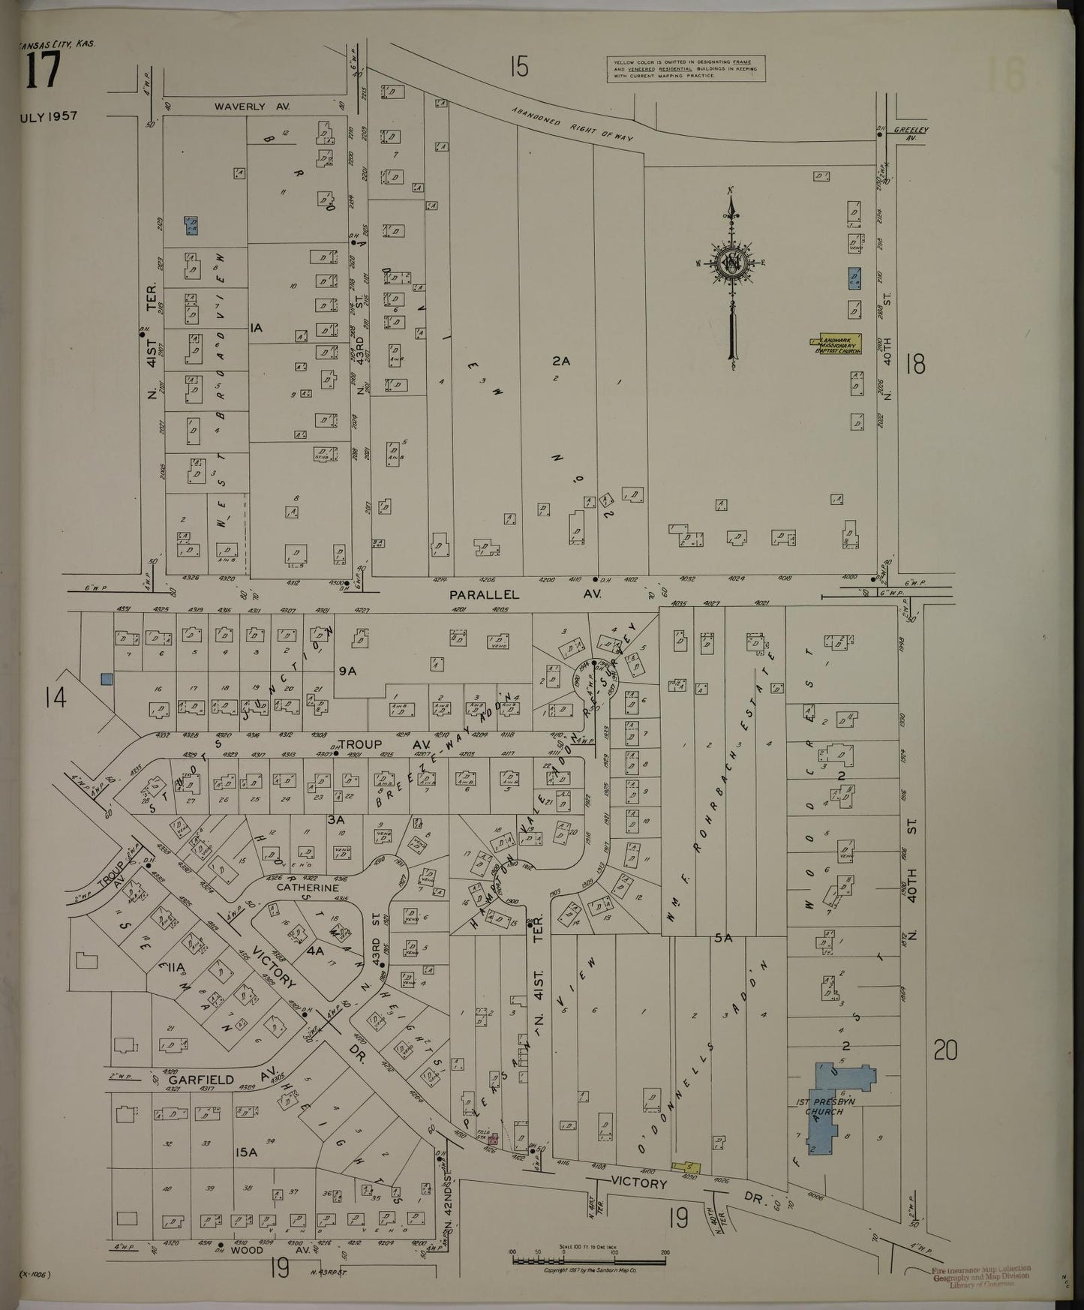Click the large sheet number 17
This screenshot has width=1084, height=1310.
pos(42,74)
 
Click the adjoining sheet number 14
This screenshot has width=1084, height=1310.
pos(54,698)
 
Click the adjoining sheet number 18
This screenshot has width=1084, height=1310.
pos(915,364)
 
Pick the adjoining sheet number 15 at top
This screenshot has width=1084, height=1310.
pos(518,68)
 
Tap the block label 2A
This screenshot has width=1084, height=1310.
pos(561,361)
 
